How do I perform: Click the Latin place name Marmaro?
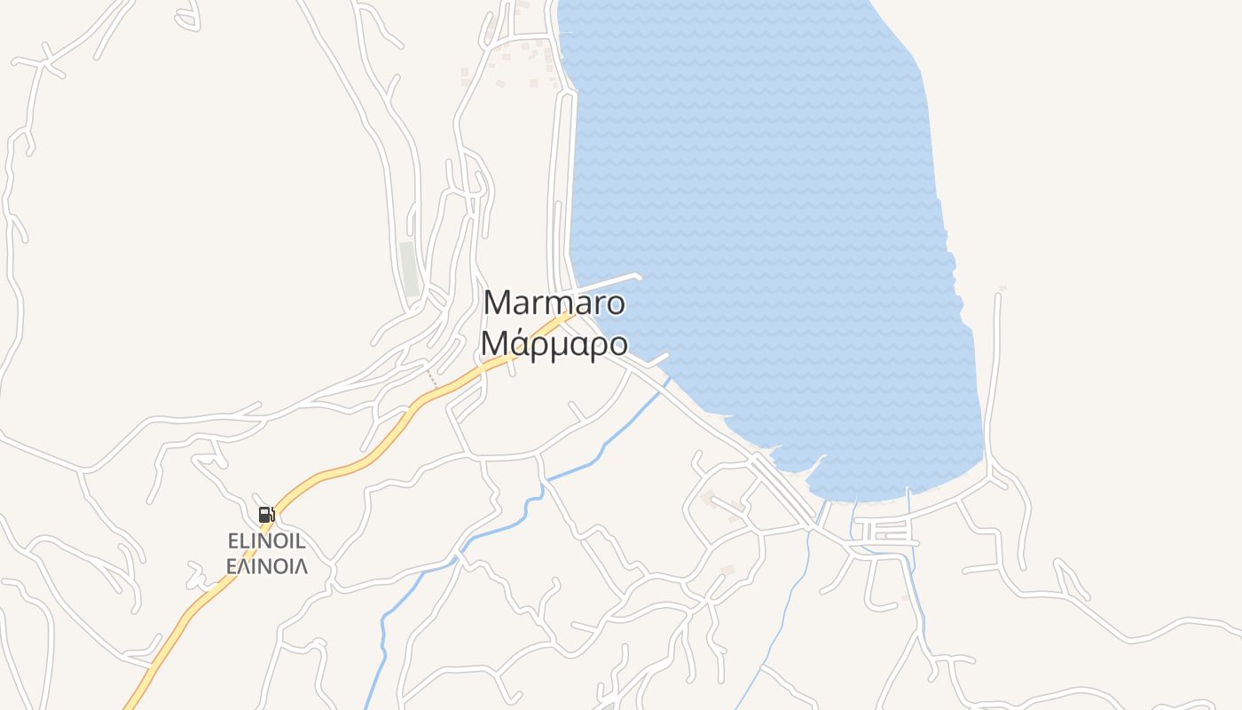(554, 304)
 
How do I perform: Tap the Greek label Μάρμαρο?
(554, 343)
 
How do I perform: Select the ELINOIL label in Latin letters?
(266, 540)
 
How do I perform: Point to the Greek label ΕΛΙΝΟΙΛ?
(266, 565)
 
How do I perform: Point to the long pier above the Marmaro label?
(612, 281)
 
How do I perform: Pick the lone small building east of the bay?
(1002, 288)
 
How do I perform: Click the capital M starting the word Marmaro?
(499, 304)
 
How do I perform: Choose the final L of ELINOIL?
(300, 540)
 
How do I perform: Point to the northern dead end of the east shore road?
(998, 296)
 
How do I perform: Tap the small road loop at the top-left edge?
(186, 20)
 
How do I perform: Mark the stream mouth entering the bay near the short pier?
(667, 382)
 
